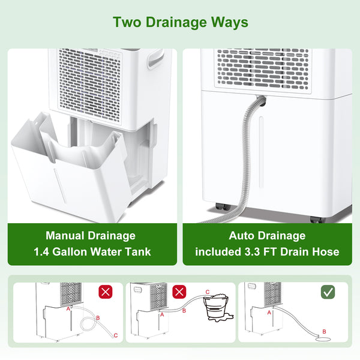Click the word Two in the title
tap(127, 23)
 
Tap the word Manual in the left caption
tap(65, 236)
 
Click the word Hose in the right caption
tap(324, 252)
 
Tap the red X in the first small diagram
tap(106, 292)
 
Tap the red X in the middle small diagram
tap(179, 292)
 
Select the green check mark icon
tap(328, 292)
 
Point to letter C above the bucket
tap(208, 292)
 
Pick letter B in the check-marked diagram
tap(325, 331)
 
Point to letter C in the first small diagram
tap(116, 335)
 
